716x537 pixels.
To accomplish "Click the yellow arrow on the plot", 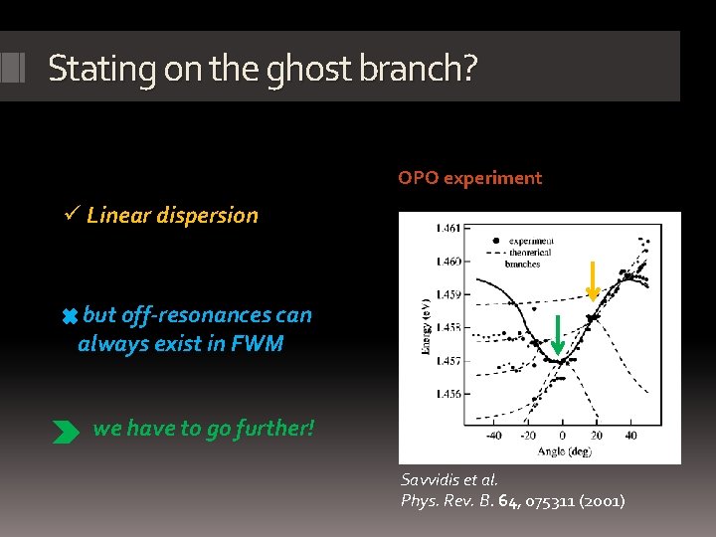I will (593, 280).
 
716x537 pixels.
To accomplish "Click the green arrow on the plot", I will (558, 334).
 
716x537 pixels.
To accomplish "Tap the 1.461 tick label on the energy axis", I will (447, 229).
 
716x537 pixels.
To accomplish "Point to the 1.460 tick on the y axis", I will (447, 262).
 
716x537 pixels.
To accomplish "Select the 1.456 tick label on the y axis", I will (447, 394).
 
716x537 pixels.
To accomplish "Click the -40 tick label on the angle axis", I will (493, 436).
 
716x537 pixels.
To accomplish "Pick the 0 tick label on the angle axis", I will (562, 436).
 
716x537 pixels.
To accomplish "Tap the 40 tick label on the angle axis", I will (631, 436).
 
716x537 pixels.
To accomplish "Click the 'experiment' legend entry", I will (531, 241).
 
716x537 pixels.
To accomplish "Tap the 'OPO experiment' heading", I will (469, 178).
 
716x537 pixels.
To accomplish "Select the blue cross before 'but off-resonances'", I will (70, 316).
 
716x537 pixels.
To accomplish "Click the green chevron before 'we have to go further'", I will (67, 431).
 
